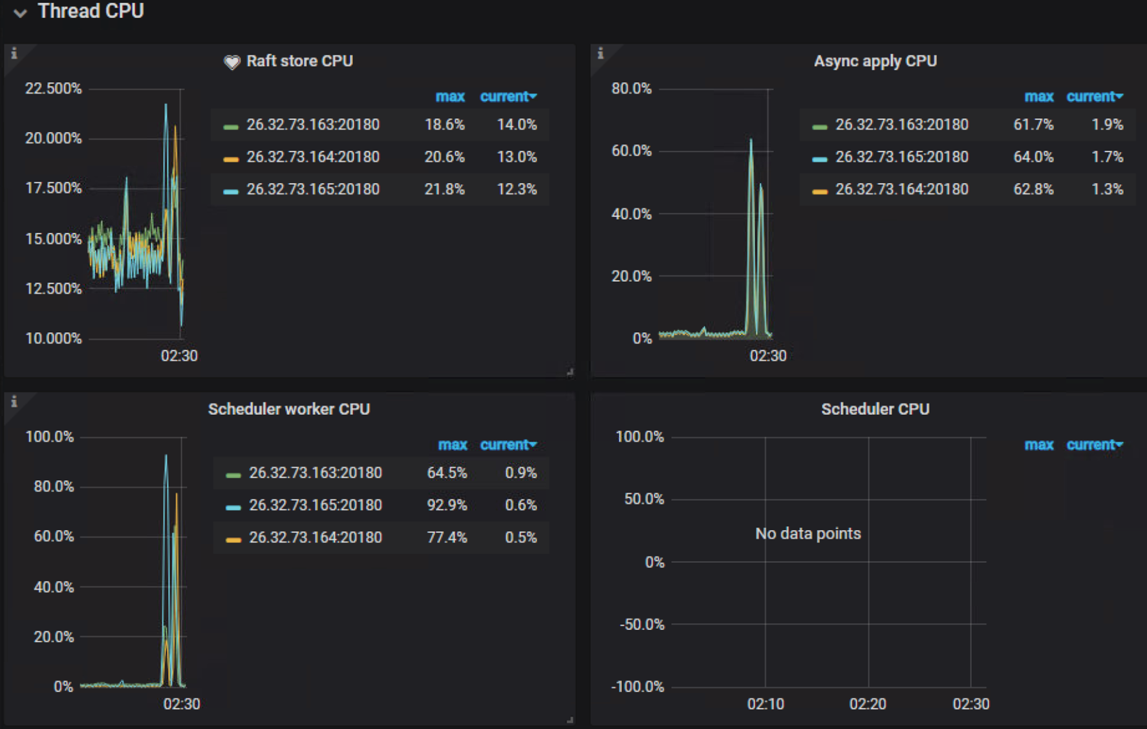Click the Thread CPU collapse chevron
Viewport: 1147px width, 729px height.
20,13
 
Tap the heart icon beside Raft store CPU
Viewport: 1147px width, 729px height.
231,62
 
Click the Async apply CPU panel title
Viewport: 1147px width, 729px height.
875,61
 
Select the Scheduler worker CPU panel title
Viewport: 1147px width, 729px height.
288,409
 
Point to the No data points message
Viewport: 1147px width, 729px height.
808,534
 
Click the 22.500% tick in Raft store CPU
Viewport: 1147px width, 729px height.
54,89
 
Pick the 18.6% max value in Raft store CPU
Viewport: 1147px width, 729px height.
444,125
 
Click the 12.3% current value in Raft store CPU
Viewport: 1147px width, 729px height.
516,189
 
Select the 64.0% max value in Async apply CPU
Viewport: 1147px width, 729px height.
1033,157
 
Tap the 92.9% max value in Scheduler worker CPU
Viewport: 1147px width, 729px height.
447,505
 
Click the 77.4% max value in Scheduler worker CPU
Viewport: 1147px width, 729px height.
447,538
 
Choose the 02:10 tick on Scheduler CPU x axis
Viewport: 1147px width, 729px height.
766,704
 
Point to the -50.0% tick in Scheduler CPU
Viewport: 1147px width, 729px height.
641,624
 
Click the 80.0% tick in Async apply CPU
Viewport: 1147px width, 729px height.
632,89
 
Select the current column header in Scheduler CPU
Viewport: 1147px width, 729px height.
1093,445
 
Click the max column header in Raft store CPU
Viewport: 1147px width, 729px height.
450,97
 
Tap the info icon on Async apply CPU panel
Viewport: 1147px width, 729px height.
601,54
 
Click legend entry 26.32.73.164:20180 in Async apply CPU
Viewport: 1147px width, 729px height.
901,189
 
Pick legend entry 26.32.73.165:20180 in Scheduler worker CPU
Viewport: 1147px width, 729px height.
316,505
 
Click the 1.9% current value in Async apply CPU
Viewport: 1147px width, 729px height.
1107,125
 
